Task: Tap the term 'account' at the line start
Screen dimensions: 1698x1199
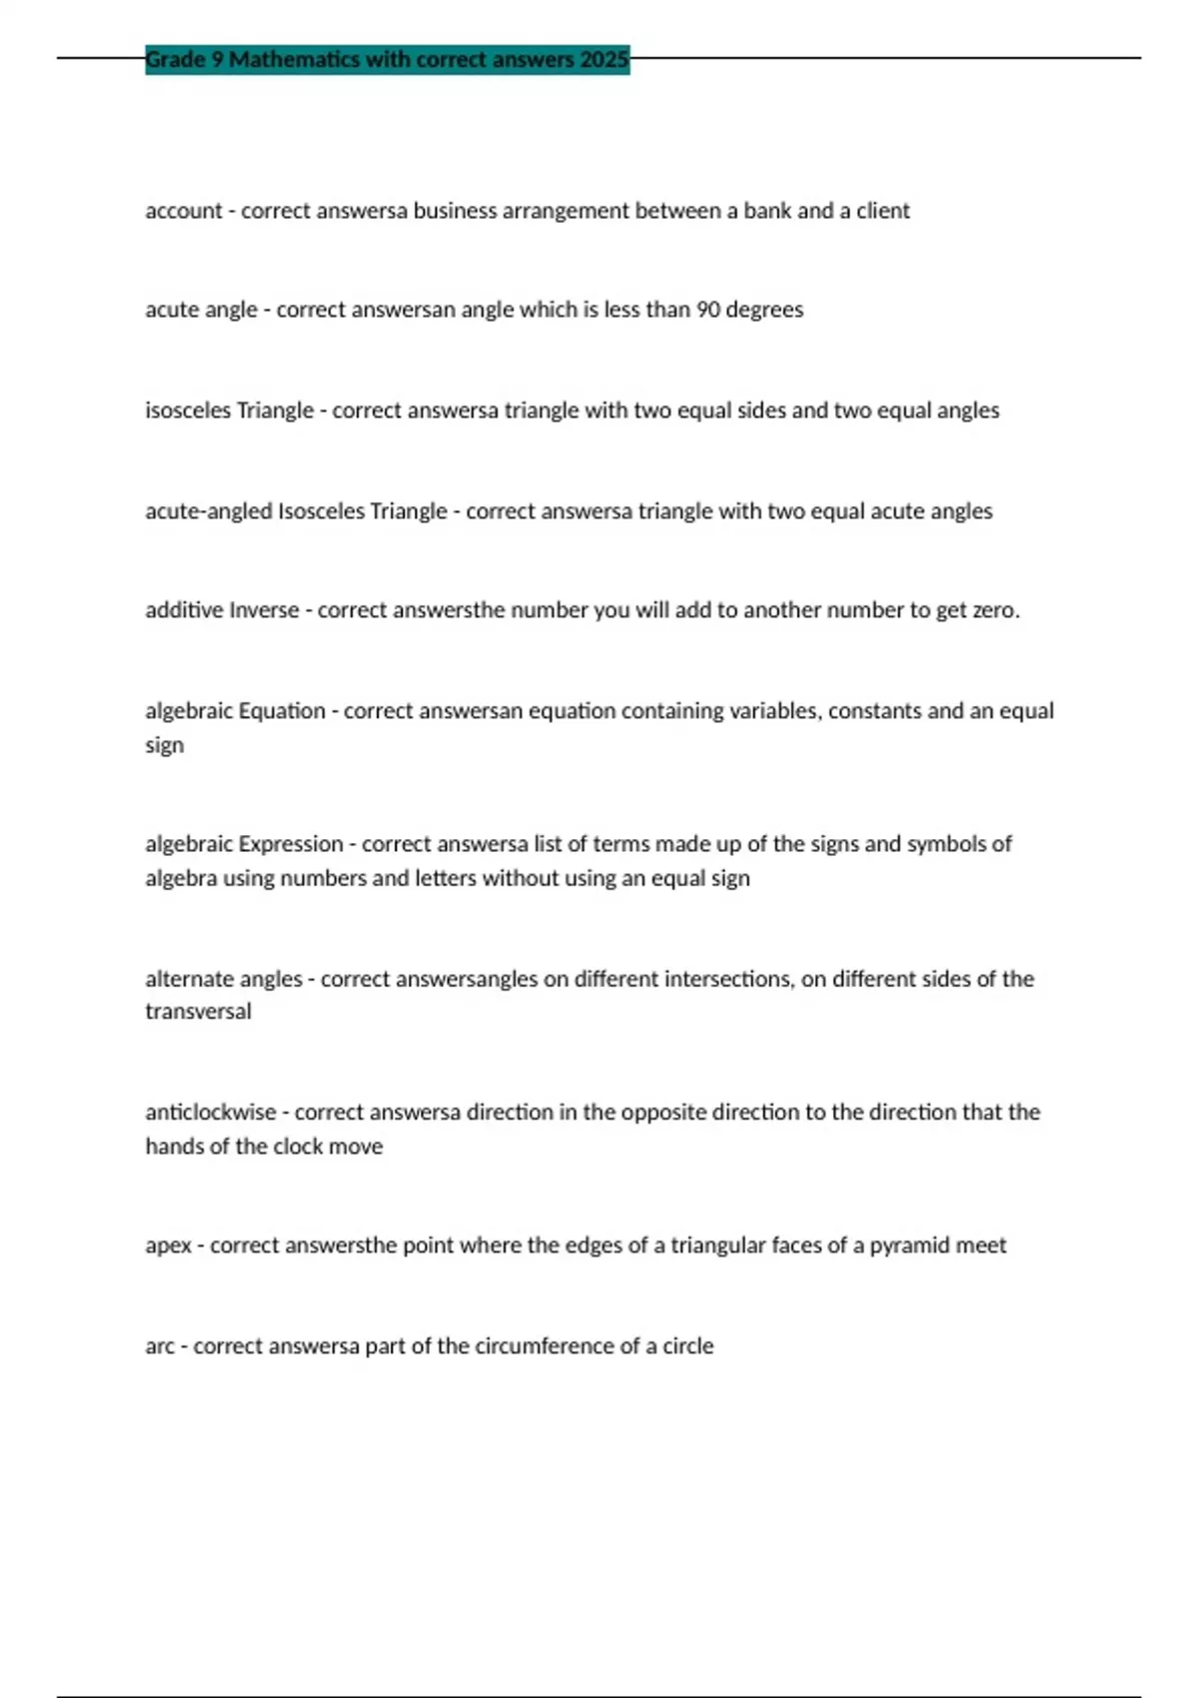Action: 184,211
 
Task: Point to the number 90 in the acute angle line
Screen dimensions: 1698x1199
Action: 707,310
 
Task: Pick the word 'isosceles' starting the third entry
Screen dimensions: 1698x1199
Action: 188,411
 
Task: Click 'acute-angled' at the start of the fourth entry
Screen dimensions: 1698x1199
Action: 208,511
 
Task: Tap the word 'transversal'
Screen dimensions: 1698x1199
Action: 198,1012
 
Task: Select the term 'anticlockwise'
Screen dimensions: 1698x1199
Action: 210,1113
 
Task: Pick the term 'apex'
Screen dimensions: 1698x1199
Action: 168,1246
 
